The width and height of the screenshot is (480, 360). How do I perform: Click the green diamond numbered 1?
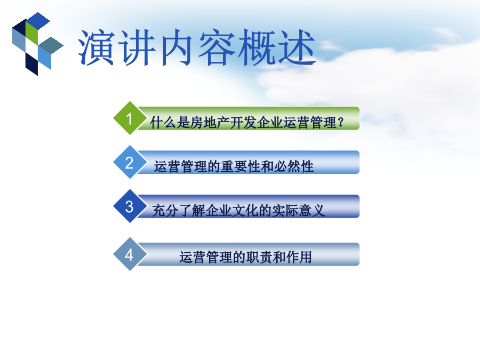click(x=130, y=118)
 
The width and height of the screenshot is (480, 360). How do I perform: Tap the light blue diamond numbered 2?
click(x=130, y=162)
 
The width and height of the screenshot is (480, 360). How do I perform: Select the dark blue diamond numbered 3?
click(x=130, y=206)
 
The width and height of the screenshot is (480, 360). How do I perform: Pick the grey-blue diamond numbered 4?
click(x=130, y=254)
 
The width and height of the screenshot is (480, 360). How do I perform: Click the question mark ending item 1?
click(x=340, y=123)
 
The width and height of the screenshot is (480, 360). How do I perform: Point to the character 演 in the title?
click(x=96, y=47)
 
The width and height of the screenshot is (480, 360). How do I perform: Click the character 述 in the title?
click(x=297, y=47)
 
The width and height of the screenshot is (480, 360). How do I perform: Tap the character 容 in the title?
click(x=217, y=47)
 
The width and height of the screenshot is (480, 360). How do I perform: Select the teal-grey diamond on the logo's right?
click(x=51, y=45)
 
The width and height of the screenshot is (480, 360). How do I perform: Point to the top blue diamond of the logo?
click(x=38, y=21)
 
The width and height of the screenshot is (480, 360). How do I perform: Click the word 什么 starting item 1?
click(x=163, y=123)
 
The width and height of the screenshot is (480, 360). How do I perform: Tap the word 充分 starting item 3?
click(x=165, y=211)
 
